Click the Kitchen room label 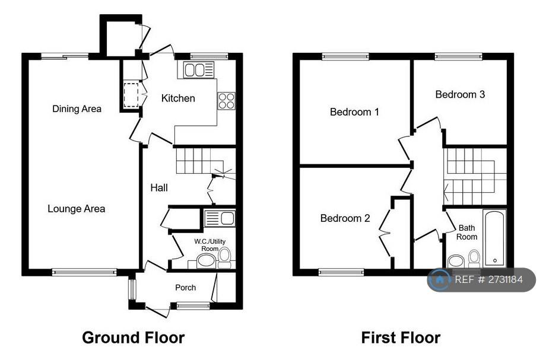coord(178,98)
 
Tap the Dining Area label coord(77,109)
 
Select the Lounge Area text coord(76,209)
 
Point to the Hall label coord(159,187)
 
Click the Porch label coord(185,287)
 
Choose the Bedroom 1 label coord(354,112)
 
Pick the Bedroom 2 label coord(345,218)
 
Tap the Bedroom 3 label coord(460,94)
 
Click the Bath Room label coord(466,232)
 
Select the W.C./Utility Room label coord(210,245)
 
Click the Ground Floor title coord(134,337)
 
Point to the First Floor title coord(401,337)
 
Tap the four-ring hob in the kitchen coord(227,101)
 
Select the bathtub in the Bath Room coord(495,238)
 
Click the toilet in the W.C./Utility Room coord(225,257)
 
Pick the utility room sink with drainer coord(220,218)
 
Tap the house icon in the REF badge coord(440,280)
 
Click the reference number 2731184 coord(505,280)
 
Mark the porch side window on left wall coord(132,289)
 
